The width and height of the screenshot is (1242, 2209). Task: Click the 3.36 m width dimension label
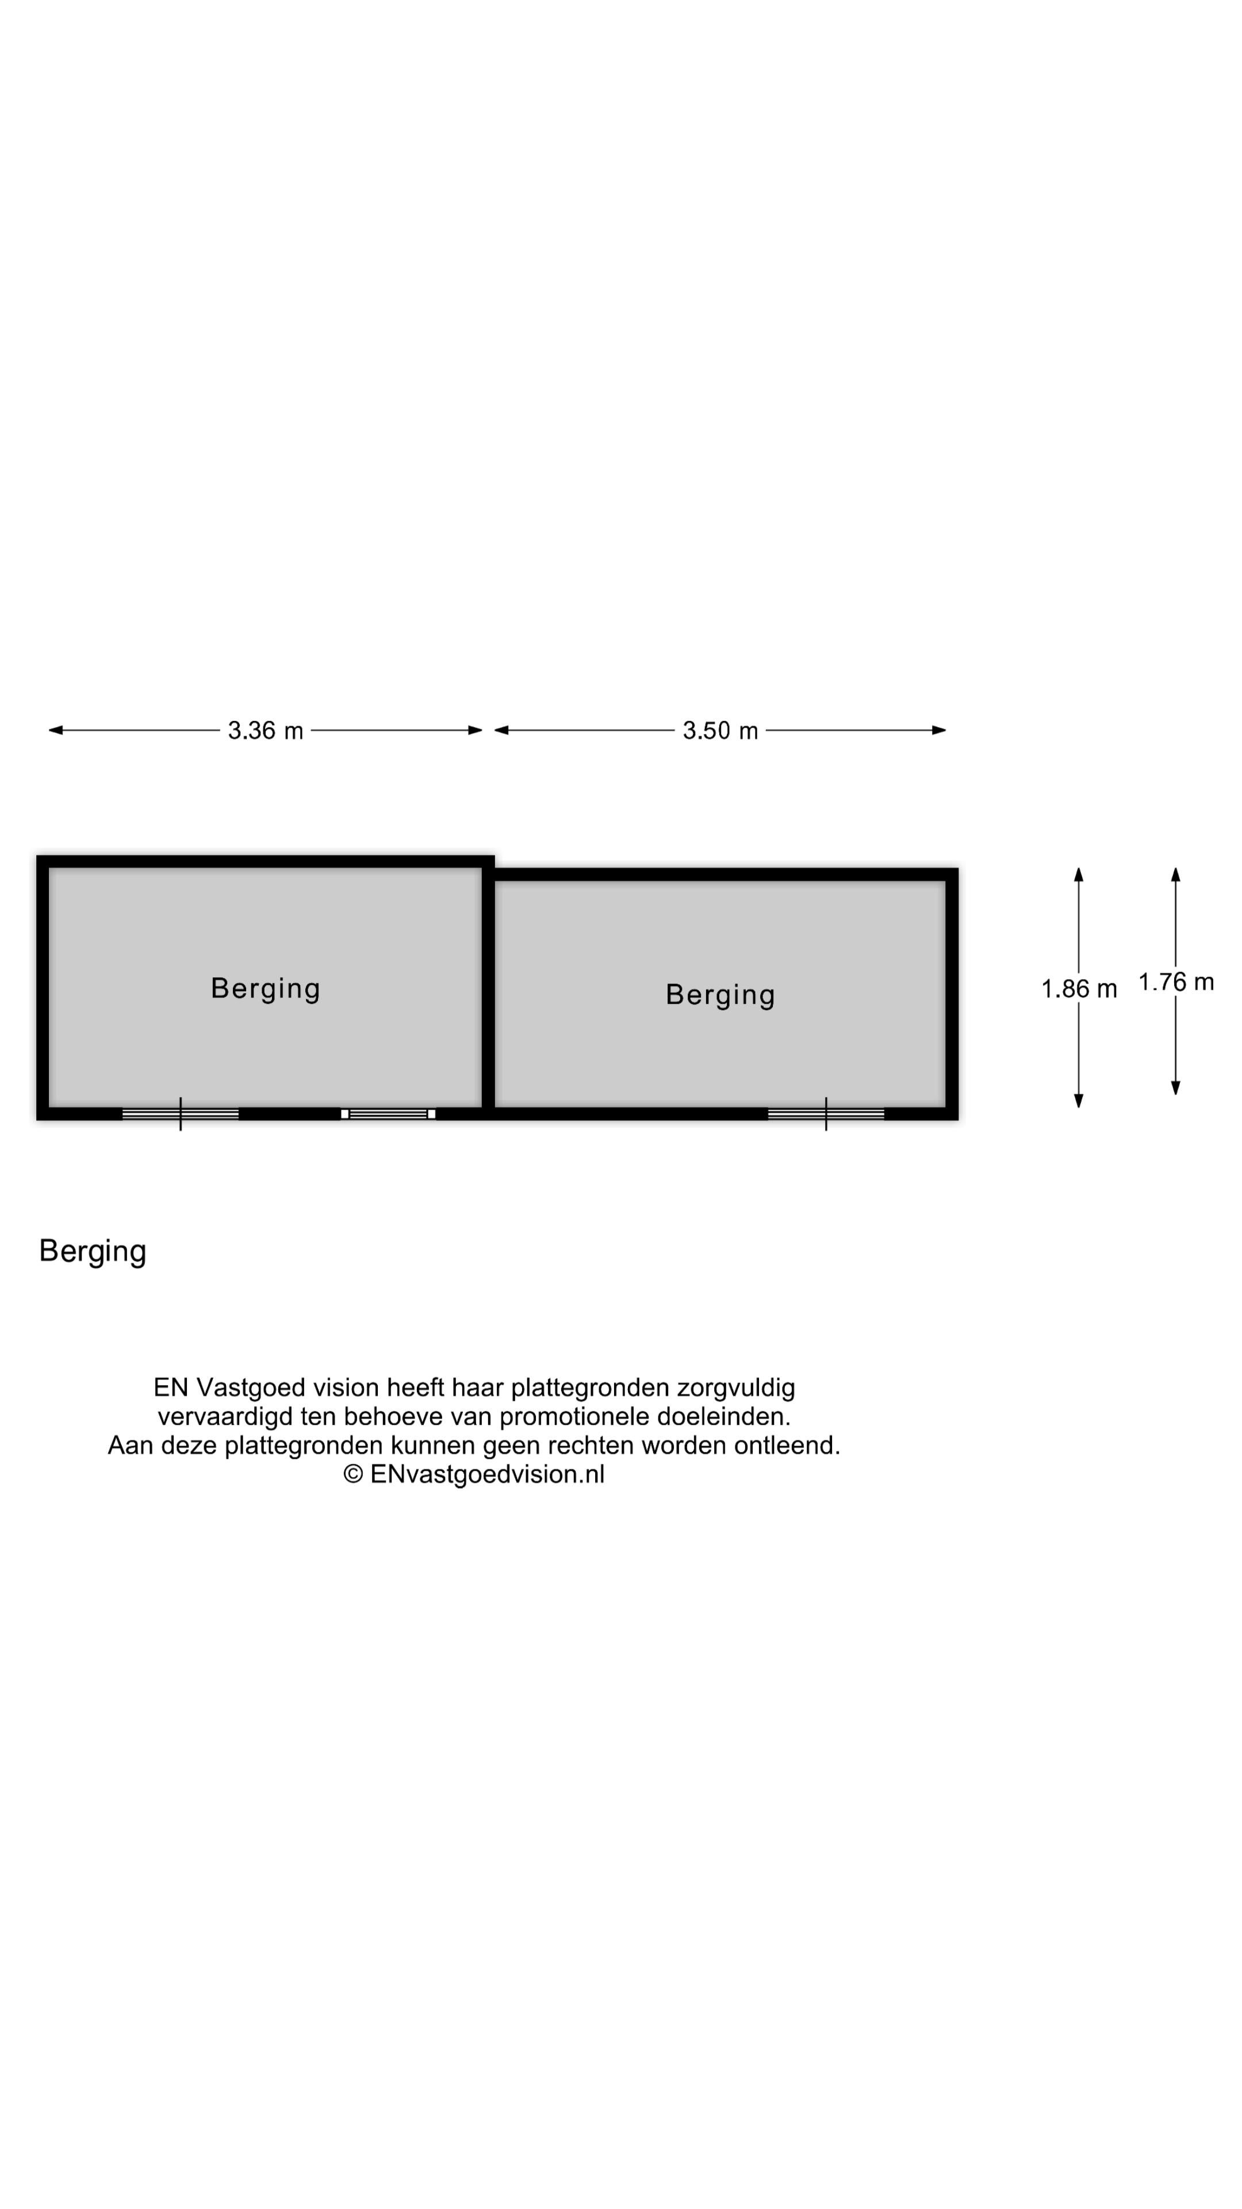(265, 731)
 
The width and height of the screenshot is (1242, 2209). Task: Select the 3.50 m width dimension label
(720, 731)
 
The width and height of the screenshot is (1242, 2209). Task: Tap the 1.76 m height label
(1176, 982)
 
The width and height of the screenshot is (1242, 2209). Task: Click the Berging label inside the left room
(266, 989)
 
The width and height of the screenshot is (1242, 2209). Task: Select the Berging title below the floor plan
(93, 1252)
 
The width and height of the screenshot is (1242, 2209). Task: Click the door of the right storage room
(826, 1114)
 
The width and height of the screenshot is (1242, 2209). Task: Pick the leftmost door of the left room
(180, 1114)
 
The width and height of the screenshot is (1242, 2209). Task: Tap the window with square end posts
(388, 1114)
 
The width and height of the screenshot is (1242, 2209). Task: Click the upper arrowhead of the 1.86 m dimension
(1078, 874)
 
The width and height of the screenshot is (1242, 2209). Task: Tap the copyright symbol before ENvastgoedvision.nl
(353, 1473)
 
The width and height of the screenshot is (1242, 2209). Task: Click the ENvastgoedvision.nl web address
(487, 1473)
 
